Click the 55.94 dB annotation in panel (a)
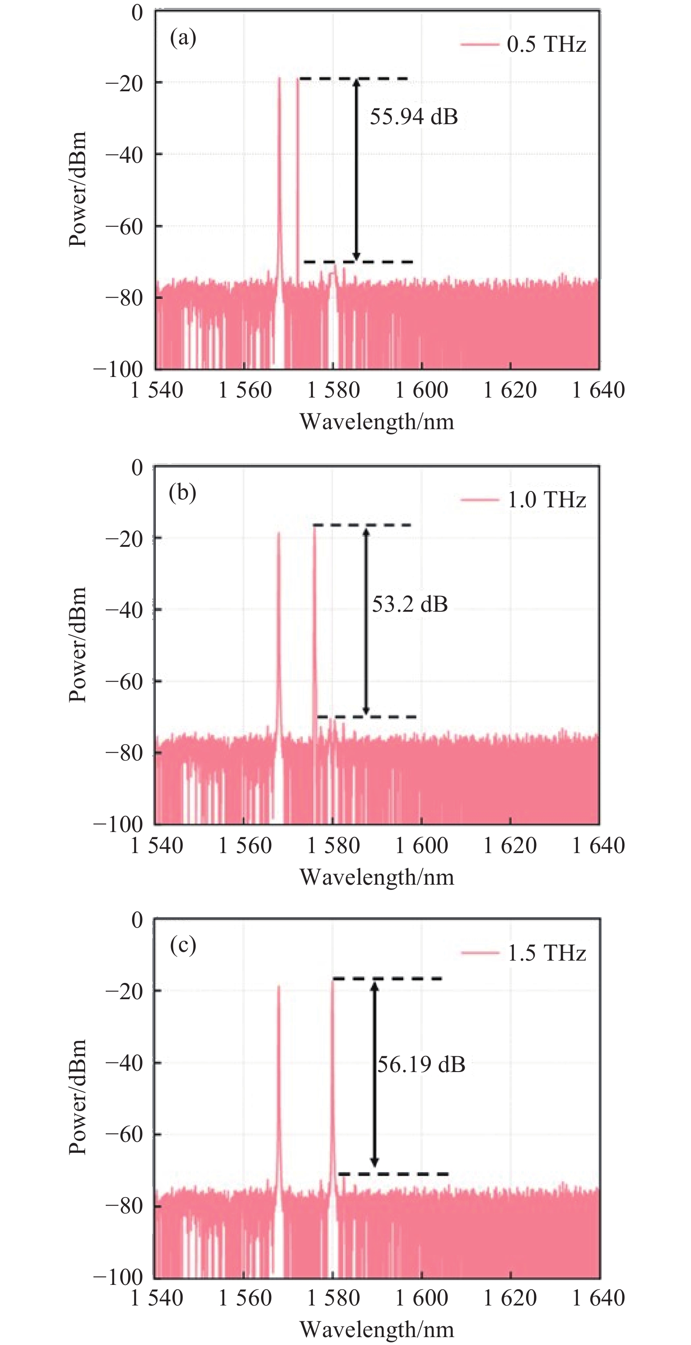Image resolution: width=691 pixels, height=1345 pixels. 413,116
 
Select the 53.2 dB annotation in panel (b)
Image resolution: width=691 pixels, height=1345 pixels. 410,604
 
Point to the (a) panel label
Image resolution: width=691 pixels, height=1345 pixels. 183,38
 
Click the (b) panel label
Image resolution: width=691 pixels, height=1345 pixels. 182,492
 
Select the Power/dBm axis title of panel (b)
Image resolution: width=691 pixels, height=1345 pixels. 78,644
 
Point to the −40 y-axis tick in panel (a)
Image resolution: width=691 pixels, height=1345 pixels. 124,155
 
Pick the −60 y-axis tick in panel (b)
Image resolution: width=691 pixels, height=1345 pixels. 124,682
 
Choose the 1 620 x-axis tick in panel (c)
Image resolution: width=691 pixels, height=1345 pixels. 510,1298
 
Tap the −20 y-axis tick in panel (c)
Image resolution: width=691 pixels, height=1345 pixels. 124,991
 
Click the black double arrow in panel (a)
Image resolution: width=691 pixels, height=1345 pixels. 356,170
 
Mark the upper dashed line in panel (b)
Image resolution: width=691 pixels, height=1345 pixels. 362,525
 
